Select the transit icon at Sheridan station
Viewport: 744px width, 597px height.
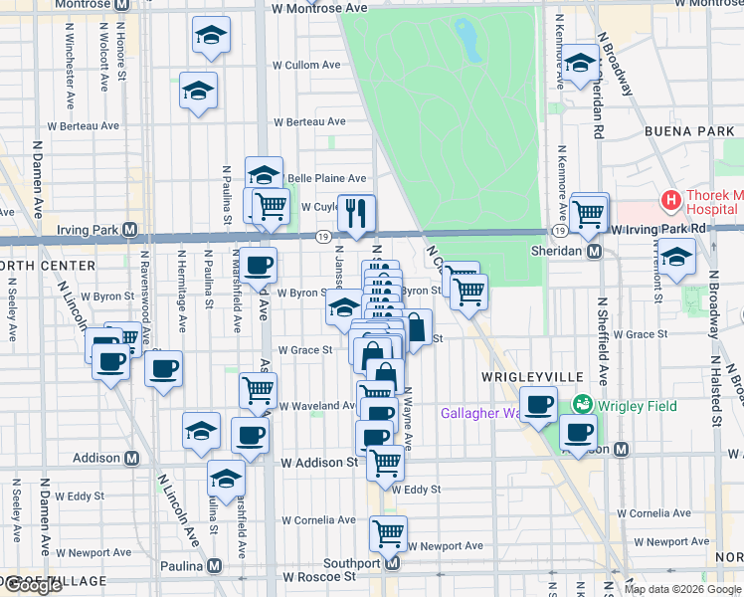[x=594, y=252]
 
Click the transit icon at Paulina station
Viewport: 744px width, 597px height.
[x=214, y=567]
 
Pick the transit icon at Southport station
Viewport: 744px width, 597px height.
[x=392, y=563]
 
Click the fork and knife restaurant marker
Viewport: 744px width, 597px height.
[x=356, y=211]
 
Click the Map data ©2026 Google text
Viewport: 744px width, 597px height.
[x=682, y=589]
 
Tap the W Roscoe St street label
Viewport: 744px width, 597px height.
[x=319, y=576]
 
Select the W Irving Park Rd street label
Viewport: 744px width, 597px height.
[x=658, y=229]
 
